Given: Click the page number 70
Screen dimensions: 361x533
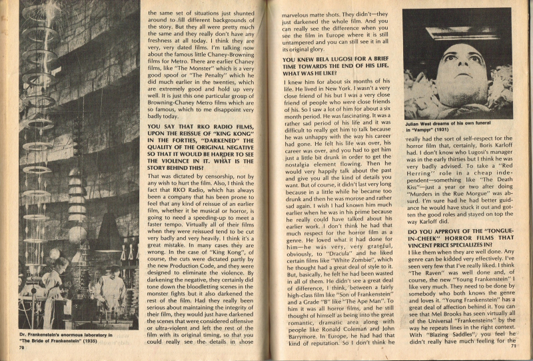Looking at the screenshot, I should [23, 347].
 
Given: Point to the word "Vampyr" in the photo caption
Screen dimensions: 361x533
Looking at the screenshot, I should [431, 131].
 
